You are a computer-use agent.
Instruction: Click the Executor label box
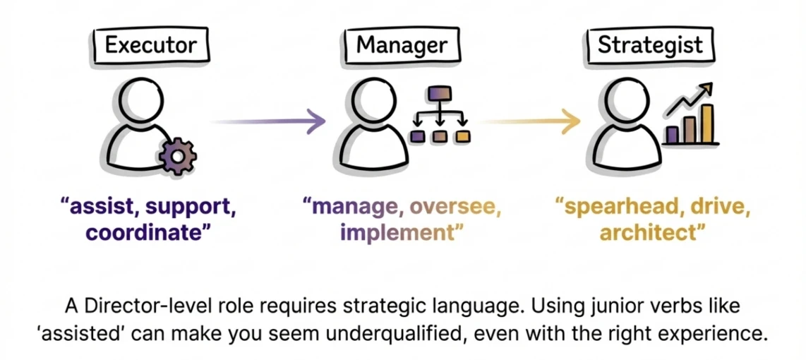tap(150, 45)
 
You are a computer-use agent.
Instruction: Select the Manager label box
tap(401, 45)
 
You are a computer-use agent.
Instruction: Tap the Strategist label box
tap(650, 45)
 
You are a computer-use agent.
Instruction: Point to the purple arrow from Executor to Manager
tap(268, 122)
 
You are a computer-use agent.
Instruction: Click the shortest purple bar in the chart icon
tap(673, 134)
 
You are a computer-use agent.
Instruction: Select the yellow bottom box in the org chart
tap(463, 135)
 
